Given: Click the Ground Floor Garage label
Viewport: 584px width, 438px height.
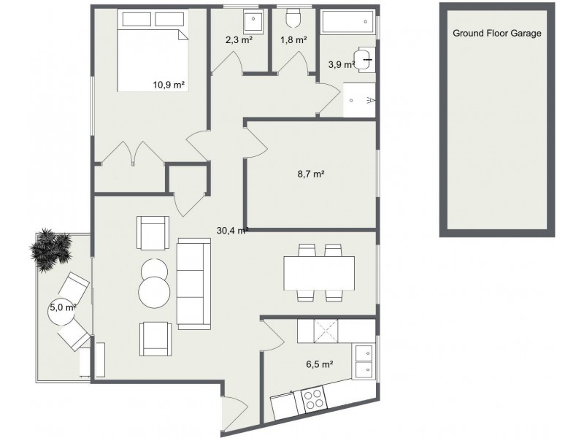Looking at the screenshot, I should pyautogui.click(x=497, y=33).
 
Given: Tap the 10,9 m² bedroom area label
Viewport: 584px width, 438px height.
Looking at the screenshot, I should pyautogui.click(x=169, y=85).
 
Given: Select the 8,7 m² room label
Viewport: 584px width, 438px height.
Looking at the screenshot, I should pyautogui.click(x=310, y=174).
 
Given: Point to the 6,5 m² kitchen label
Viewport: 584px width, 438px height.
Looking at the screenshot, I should pyautogui.click(x=319, y=363).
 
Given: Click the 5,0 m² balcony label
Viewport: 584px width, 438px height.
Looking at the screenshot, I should pyautogui.click(x=63, y=307).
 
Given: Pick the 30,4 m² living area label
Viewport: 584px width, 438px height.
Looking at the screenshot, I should pyautogui.click(x=232, y=230).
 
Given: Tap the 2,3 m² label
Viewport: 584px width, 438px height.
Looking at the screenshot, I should pyautogui.click(x=239, y=40).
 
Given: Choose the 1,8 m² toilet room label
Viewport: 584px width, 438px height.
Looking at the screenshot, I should pyautogui.click(x=293, y=40).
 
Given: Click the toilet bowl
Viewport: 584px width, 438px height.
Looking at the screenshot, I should pyautogui.click(x=293, y=19).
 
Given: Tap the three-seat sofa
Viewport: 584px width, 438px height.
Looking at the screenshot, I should pyautogui.click(x=193, y=285).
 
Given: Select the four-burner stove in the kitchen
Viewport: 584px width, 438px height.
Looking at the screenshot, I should pyautogui.click(x=314, y=400).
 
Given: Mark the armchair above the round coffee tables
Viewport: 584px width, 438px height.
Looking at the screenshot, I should pyautogui.click(x=153, y=233).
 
